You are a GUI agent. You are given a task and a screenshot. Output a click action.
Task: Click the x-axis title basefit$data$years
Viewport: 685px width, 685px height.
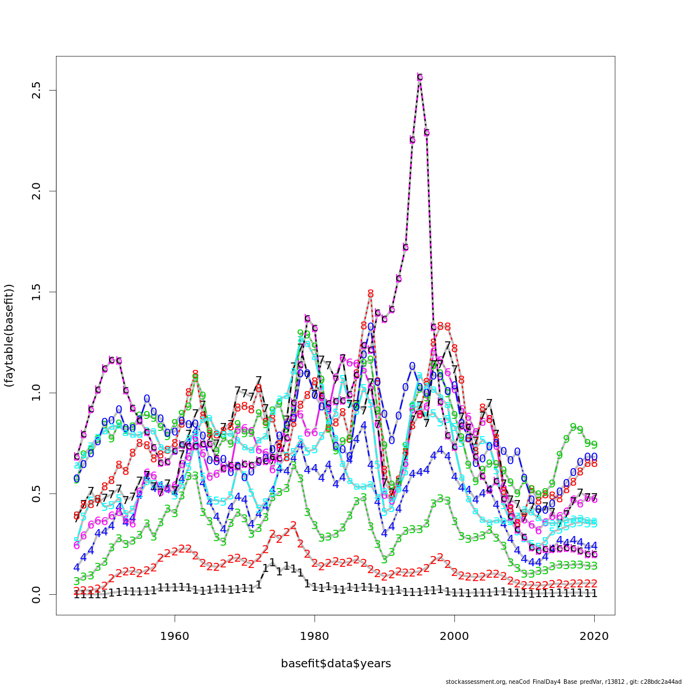tap(336, 663)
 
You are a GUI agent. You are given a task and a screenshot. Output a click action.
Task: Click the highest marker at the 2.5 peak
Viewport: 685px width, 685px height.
tap(420, 77)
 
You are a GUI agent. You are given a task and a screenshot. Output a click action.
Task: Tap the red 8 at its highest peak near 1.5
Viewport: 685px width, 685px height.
tap(370, 293)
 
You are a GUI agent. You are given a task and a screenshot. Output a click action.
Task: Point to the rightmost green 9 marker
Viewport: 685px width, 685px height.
tap(594, 445)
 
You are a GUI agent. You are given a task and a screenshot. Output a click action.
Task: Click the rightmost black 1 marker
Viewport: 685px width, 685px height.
tap(594, 594)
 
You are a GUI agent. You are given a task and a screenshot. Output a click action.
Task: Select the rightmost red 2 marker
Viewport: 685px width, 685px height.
tap(594, 583)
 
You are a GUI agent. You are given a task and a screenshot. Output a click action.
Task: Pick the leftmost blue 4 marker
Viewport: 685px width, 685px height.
tap(76, 568)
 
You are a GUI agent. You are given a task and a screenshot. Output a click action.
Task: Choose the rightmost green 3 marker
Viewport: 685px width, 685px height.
tap(594, 566)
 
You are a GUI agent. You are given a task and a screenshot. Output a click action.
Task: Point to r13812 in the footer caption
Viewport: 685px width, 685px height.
tap(604, 682)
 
